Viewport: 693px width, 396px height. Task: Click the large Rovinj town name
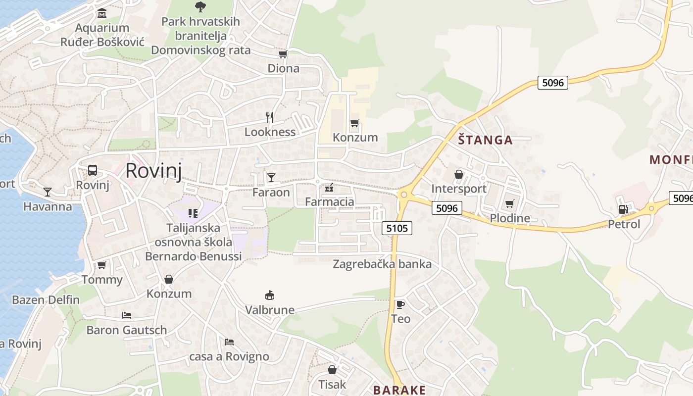(153, 170)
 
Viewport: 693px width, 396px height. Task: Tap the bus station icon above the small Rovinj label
(93, 170)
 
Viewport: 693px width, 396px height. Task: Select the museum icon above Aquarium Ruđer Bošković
(102, 13)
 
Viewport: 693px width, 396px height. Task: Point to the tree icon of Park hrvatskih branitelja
(200, 6)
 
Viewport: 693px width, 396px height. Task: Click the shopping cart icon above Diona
(283, 54)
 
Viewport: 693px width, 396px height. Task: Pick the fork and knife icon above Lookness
(270, 117)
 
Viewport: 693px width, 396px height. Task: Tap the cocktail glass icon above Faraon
(271, 178)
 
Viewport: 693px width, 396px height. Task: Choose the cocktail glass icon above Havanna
(48, 192)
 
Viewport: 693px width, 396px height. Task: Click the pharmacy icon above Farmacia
(329, 188)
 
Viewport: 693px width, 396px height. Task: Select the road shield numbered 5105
(397, 228)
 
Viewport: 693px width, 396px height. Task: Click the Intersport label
(459, 189)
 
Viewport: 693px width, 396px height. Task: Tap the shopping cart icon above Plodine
(510, 203)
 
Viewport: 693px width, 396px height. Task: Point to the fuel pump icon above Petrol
(624, 209)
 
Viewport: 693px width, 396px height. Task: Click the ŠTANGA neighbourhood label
(485, 140)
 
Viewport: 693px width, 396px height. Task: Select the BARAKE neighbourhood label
(399, 390)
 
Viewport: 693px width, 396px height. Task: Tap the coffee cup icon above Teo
(400, 304)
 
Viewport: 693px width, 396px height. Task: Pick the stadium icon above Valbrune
(270, 296)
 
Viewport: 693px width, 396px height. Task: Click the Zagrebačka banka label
(382, 264)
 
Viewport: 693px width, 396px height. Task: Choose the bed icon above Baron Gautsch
(127, 315)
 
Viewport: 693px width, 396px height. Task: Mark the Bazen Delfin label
(46, 299)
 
